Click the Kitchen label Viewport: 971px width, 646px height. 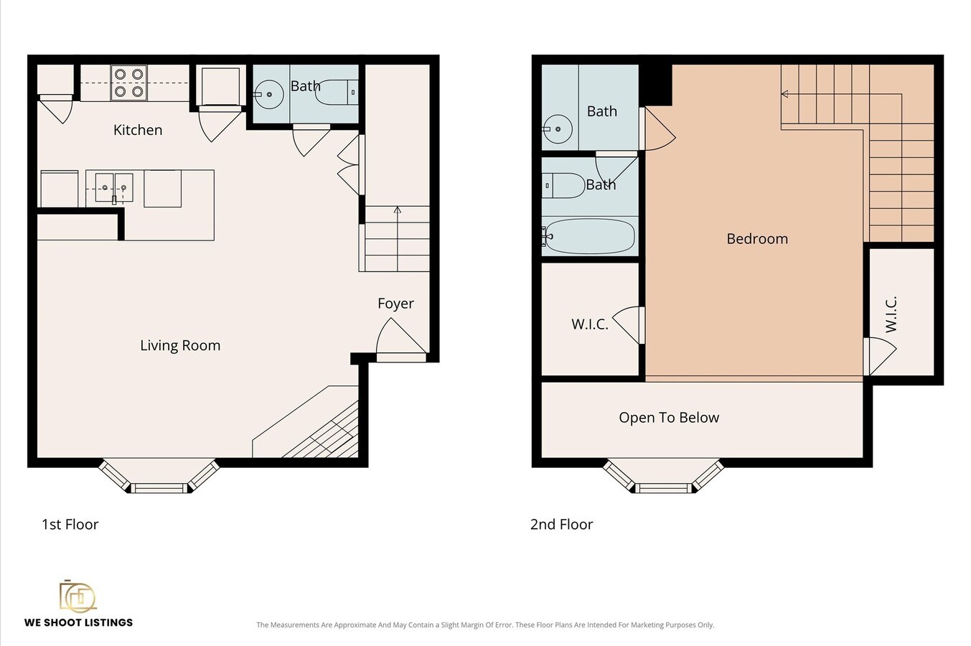[138, 130]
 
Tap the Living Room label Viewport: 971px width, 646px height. [180, 345]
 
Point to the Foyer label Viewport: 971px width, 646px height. [395, 304]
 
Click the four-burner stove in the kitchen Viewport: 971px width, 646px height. [128, 83]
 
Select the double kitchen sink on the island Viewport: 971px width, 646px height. [114, 187]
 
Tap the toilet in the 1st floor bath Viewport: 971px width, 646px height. [337, 93]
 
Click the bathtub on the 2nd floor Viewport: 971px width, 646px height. [588, 236]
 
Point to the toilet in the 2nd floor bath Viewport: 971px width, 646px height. [563, 186]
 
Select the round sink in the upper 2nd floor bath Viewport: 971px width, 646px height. [558, 129]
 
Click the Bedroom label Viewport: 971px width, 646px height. [757, 239]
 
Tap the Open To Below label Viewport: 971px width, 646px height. [669, 418]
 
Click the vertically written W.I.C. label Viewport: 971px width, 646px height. [891, 315]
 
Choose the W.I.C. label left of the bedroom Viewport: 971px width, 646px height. [589, 324]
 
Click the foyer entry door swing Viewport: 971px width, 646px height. [401, 336]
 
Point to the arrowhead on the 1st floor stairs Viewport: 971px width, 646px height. [398, 210]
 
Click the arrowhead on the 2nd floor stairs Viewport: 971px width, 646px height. [784, 93]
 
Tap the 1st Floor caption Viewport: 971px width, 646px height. [70, 525]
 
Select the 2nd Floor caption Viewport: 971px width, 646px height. [562, 525]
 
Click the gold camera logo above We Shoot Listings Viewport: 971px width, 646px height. [78, 596]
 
